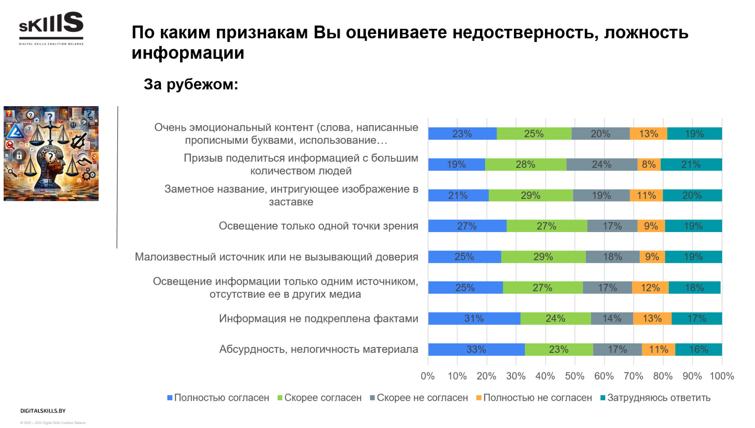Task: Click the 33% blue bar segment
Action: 476,349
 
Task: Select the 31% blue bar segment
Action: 474,318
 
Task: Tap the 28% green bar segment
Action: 525,164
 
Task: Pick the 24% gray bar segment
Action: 602,164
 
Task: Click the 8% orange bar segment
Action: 649,164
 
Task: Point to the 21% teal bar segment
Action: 691,164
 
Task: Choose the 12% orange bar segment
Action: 650,287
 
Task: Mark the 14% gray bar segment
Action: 612,318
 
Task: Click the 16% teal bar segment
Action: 699,349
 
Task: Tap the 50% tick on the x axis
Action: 575,376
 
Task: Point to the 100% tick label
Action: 722,376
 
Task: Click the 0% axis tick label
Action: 428,376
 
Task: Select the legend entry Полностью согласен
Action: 218,398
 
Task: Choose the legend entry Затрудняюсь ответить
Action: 655,398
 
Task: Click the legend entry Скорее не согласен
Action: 419,398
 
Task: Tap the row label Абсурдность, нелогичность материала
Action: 319,349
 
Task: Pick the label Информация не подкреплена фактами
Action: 319,318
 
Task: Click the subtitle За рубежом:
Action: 191,84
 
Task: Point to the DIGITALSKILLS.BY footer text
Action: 43,411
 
